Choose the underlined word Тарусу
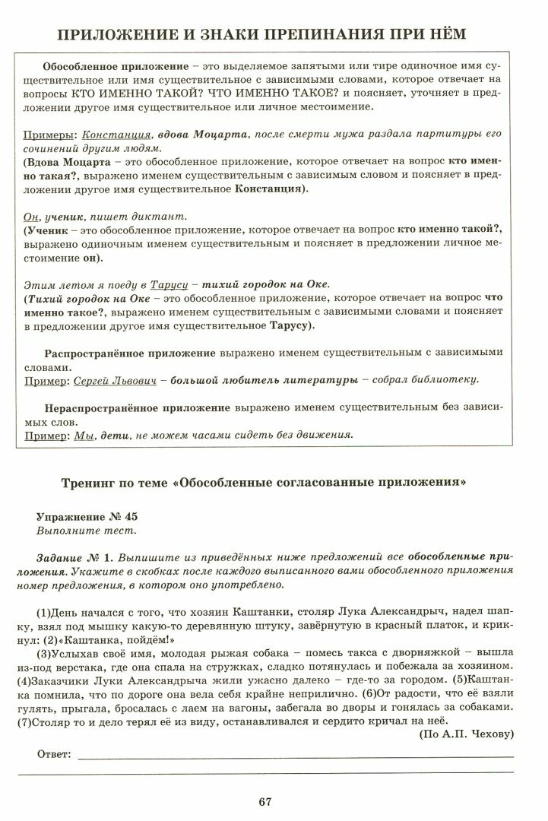[x=168, y=284]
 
